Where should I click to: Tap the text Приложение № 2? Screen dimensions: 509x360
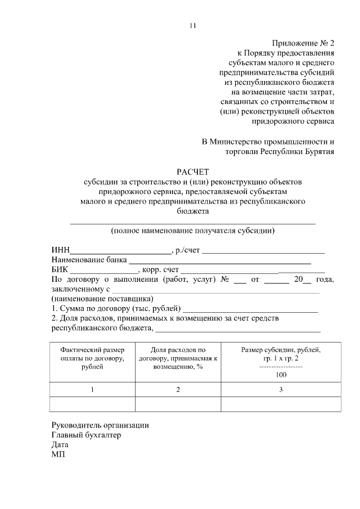point(303,43)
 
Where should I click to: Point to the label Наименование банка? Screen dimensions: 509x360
point(89,260)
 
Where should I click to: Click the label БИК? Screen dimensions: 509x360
point(60,270)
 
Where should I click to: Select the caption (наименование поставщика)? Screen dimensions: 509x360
point(102,299)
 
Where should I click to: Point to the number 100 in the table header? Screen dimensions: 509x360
point(281,375)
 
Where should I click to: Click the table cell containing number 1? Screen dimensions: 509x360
point(92,390)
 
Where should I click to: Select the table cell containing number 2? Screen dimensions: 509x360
point(178,390)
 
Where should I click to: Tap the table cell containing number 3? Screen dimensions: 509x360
point(281,390)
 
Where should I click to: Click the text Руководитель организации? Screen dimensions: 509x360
point(100,425)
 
